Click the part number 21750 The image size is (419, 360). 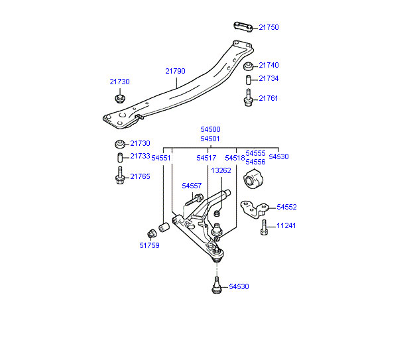269,28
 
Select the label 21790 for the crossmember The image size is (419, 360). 176,71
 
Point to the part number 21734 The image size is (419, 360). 269,78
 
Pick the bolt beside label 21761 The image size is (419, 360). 248,100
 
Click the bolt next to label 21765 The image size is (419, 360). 120,176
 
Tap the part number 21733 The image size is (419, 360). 140,156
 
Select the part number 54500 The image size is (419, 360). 210,130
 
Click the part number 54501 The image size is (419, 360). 210,139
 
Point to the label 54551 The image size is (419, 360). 161,158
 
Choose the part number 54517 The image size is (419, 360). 206,158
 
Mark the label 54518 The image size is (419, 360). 235,158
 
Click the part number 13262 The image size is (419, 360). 221,170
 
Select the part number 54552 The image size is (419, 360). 286,207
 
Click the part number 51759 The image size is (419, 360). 149,245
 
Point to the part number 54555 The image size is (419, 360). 255,153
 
